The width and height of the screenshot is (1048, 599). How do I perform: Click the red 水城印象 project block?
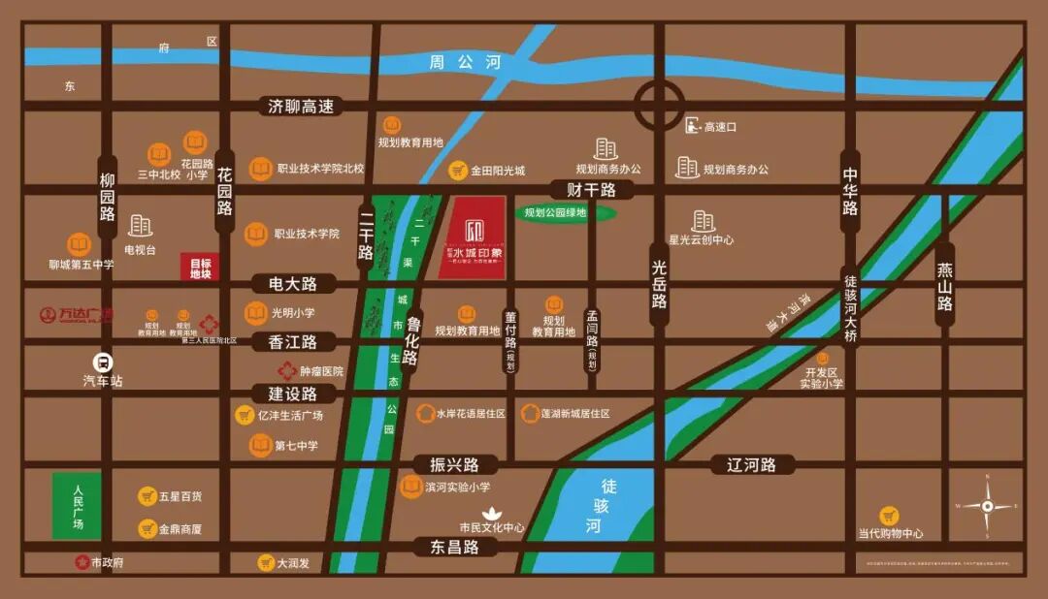coord(472,237)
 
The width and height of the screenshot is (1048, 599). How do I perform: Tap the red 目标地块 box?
coord(200,268)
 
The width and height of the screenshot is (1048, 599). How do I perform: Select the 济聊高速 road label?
coord(301,107)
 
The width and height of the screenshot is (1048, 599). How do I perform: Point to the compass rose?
coord(987,506)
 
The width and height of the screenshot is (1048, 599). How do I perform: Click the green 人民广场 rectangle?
coord(77,506)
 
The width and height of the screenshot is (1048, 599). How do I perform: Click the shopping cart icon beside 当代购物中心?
coord(889,516)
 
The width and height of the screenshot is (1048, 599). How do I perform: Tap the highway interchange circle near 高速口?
coord(660,102)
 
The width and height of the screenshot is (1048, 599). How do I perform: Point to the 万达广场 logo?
coord(77,315)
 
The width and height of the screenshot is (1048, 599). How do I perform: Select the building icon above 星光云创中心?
coord(703,221)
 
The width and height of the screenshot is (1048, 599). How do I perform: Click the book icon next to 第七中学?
coord(260,445)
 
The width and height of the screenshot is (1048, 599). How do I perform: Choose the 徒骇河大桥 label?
coord(850,305)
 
